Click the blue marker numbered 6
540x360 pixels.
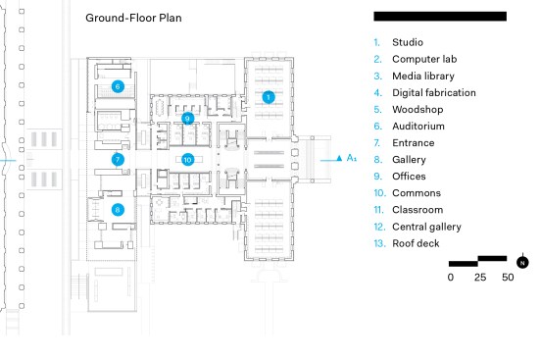(118, 86)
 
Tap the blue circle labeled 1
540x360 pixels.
(269, 97)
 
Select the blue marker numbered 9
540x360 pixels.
(188, 119)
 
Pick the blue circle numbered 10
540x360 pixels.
(188, 160)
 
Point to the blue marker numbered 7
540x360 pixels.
(118, 160)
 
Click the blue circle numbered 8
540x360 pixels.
(118, 210)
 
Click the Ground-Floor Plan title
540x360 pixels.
(133, 18)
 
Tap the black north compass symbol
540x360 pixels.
(522, 262)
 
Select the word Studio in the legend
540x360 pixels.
(408, 42)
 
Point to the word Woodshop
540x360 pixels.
(417, 110)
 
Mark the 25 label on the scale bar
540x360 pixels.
(480, 278)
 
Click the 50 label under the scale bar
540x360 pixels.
(508, 278)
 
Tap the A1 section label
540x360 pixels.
(352, 158)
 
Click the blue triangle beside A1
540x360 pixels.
(339, 158)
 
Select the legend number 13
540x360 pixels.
(379, 243)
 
